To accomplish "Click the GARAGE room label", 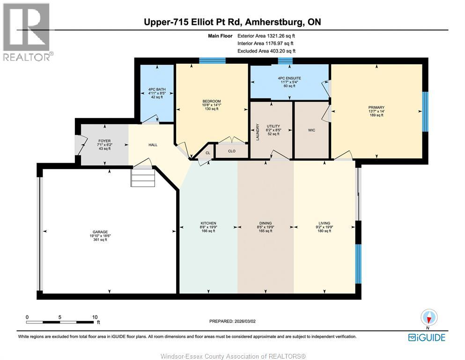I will [x=100, y=232].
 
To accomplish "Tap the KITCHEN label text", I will [x=208, y=223].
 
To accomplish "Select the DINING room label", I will [x=266, y=223].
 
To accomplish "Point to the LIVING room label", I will [x=324, y=223].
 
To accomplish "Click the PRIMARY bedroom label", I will [x=376, y=107].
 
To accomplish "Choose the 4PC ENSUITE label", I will [x=289, y=78].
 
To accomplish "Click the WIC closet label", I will [x=311, y=130].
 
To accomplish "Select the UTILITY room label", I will [x=273, y=126].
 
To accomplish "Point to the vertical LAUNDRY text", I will [x=258, y=132].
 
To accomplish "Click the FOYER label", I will [x=104, y=141].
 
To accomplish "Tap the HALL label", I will [x=153, y=145].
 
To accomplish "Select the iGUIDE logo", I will [x=427, y=337].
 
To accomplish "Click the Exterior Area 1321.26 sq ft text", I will [x=266, y=36].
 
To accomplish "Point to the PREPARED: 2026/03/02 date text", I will [x=232, y=321].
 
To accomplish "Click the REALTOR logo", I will [x=27, y=32].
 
